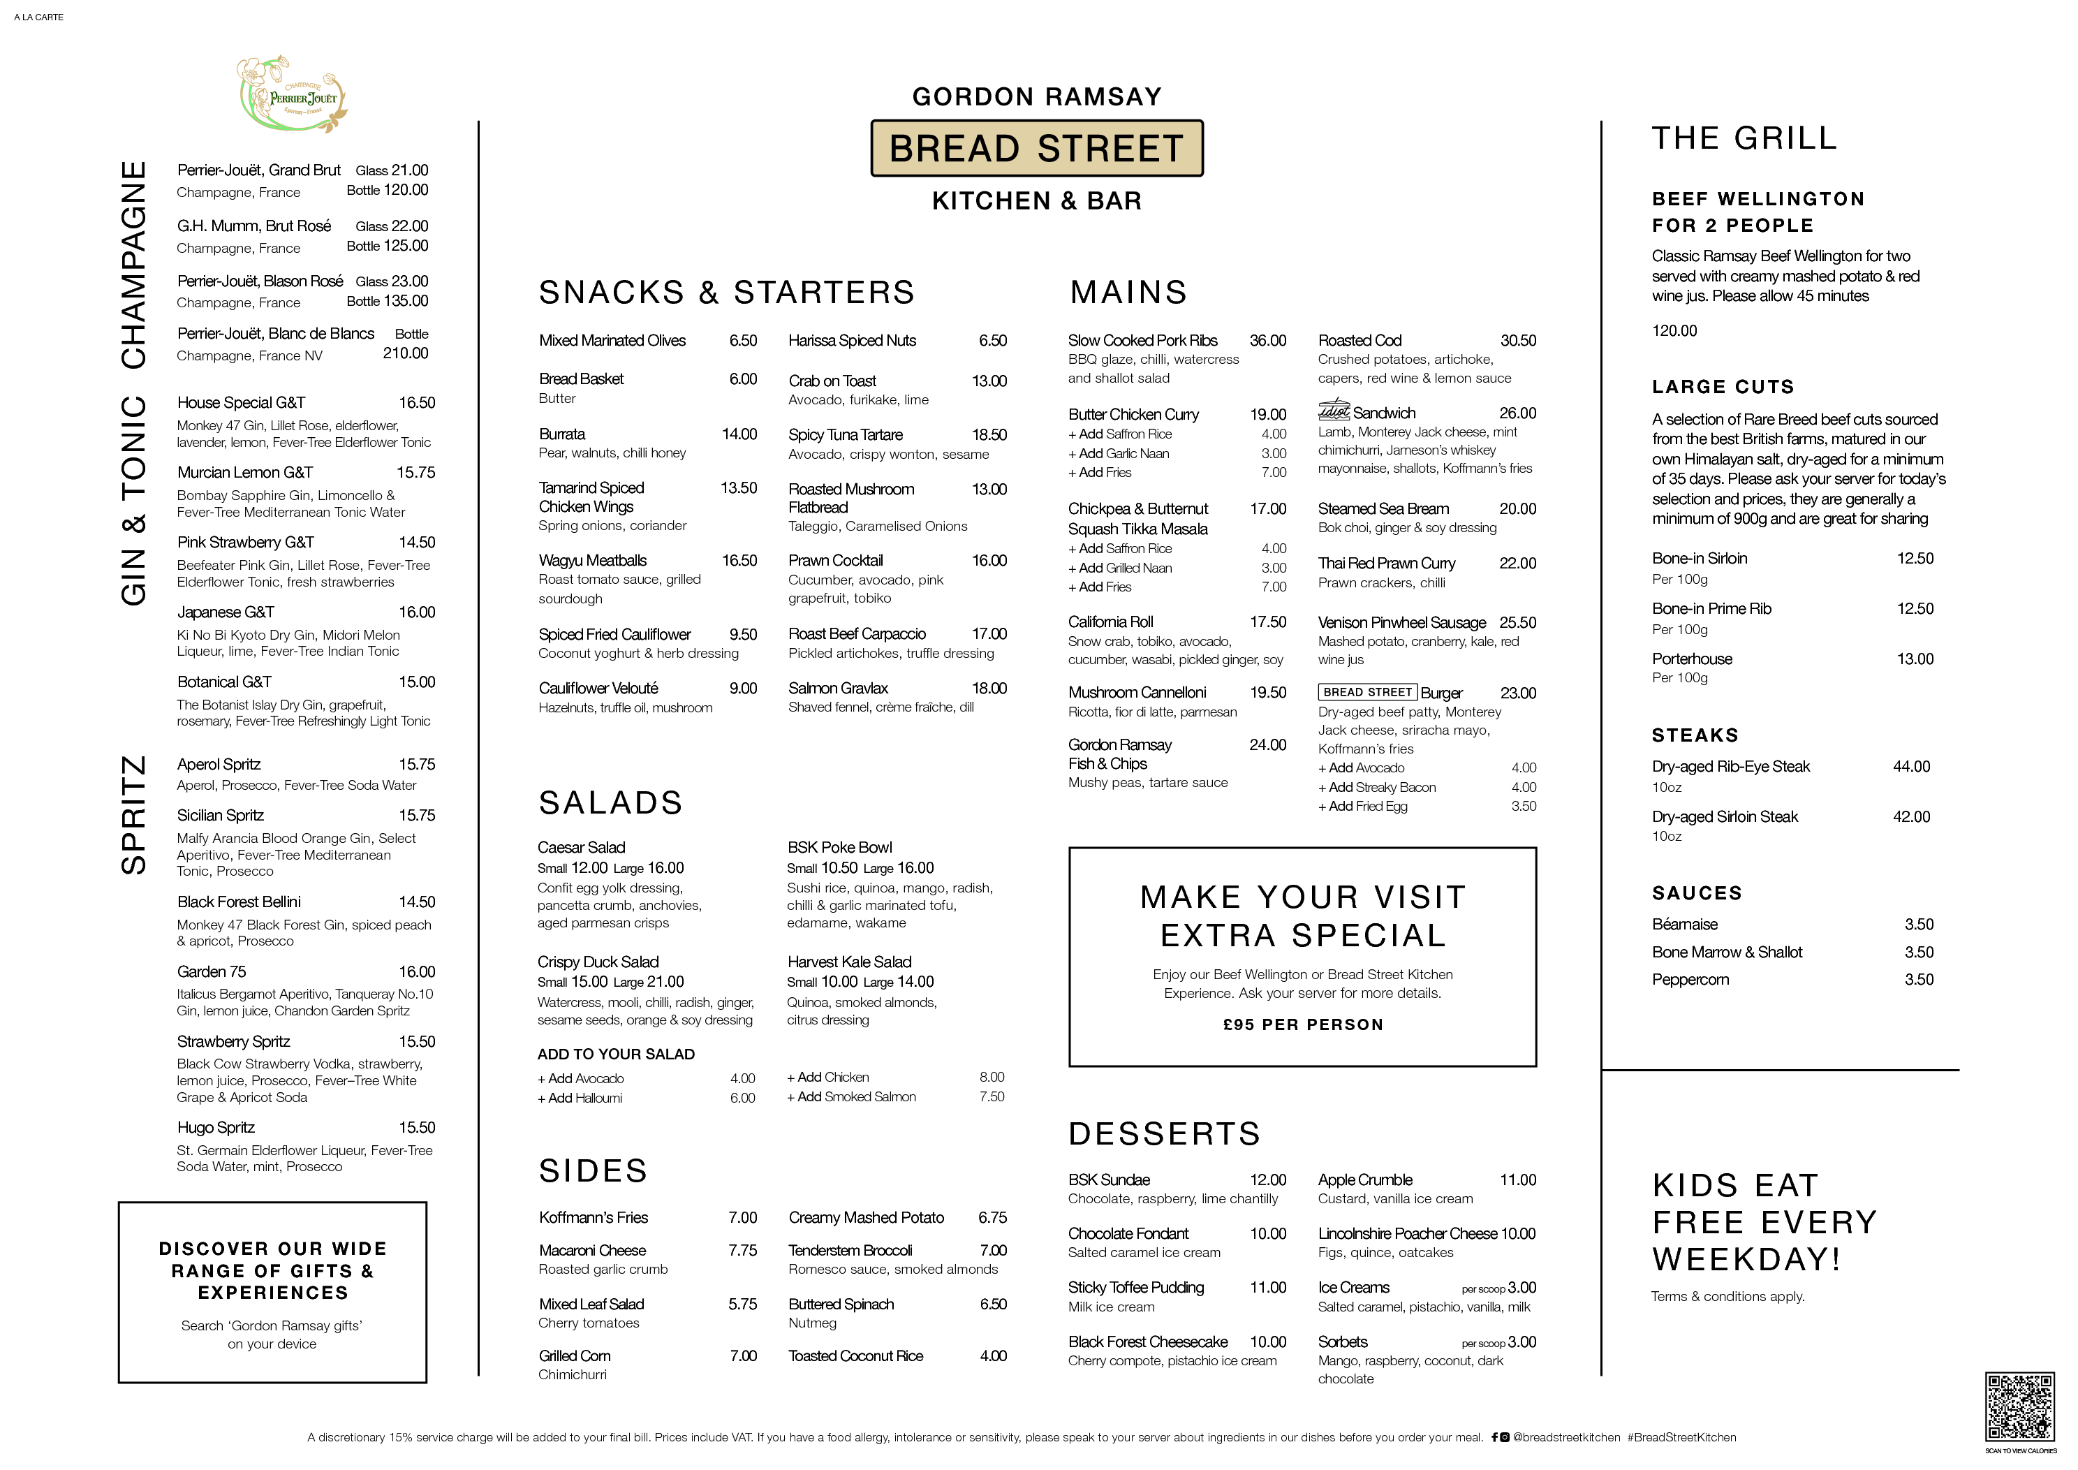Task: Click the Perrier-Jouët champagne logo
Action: click(291, 95)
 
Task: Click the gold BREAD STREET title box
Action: click(1036, 147)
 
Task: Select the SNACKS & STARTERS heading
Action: click(727, 293)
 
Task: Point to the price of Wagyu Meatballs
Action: click(739, 560)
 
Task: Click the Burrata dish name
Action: click(562, 434)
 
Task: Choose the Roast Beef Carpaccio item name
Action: click(856, 633)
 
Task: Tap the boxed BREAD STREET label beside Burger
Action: click(1368, 693)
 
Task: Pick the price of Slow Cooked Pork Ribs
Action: click(1267, 340)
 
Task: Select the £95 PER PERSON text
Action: click(1302, 1024)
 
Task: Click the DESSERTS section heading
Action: click(1164, 1133)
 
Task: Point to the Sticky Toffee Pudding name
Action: click(1136, 1287)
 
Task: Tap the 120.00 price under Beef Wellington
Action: click(1674, 330)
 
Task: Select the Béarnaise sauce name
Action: click(1684, 924)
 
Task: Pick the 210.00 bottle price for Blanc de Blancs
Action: click(406, 353)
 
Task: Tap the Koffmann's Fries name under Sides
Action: click(593, 1217)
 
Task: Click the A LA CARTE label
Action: click(39, 17)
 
